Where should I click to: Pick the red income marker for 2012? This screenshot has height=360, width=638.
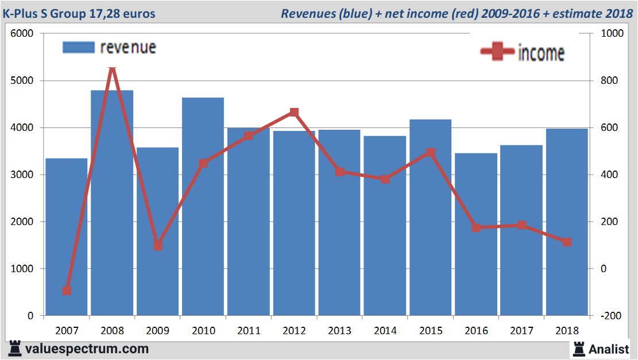294,113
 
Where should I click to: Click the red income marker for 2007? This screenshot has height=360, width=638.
67,291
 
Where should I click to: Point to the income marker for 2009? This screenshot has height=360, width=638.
158,246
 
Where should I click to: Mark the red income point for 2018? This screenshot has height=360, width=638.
567,242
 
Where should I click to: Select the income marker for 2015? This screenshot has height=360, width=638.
431,153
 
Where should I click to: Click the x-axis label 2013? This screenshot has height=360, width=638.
339,331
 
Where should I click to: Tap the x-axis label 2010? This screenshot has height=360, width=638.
203,331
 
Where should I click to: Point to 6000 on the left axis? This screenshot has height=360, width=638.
23,34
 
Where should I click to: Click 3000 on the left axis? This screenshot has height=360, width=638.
23,175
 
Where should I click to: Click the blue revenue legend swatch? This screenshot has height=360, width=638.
78,48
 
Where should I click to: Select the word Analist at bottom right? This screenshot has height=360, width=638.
609,349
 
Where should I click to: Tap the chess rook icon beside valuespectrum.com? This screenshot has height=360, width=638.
14,348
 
